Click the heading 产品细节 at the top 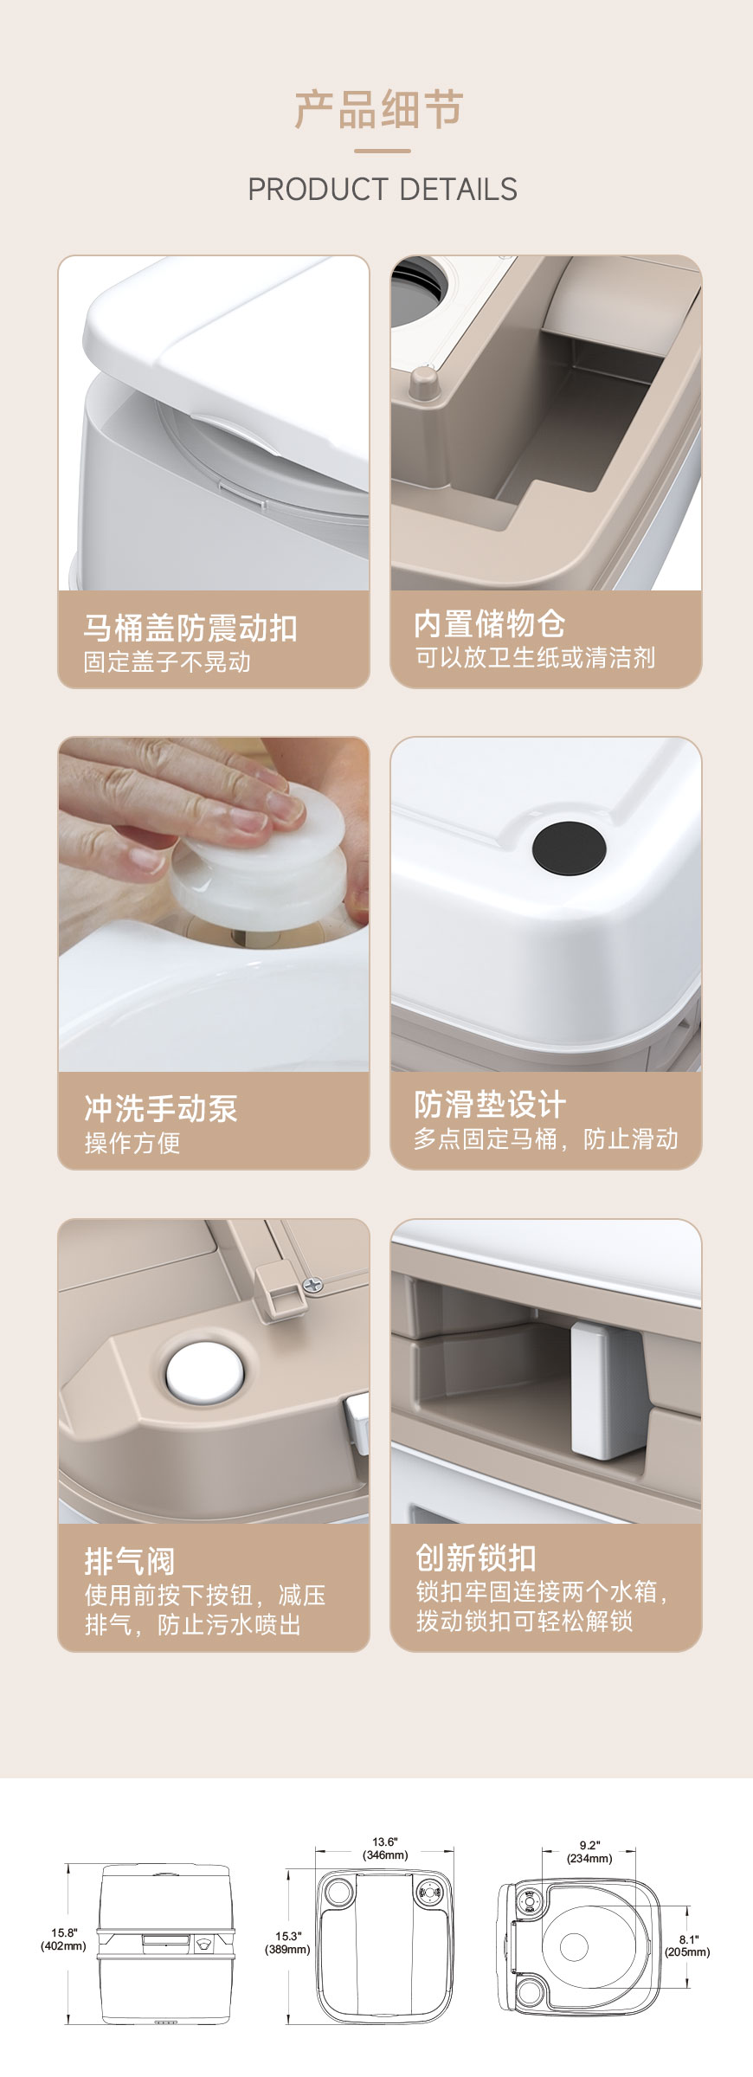click(378, 110)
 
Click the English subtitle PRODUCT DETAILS click(382, 189)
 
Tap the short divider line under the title click(382, 151)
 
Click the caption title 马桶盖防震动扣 click(190, 628)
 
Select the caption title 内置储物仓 click(489, 623)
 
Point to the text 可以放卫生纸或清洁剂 click(534, 658)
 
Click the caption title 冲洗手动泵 click(160, 1108)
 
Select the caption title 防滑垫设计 click(489, 1104)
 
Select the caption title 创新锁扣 click(475, 1558)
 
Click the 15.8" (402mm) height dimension click(63, 1939)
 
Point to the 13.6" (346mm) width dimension click(384, 1848)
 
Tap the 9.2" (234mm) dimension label click(589, 1852)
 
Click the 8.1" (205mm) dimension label click(687, 1945)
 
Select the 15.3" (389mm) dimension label click(286, 1943)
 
